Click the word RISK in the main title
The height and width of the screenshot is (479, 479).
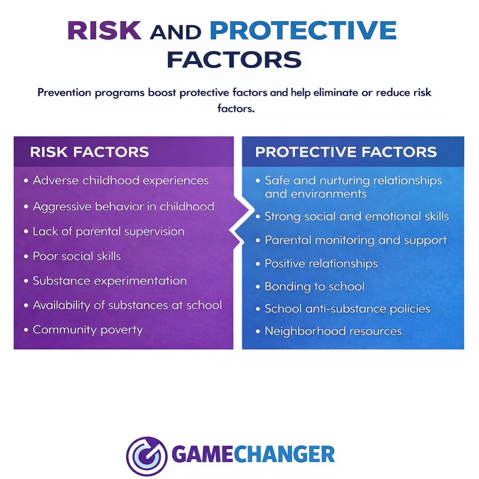[x=104, y=31]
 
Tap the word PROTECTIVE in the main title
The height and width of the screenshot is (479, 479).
[x=303, y=31]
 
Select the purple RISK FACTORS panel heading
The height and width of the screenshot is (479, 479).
[x=89, y=152]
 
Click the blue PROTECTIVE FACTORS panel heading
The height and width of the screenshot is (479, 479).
[x=346, y=152]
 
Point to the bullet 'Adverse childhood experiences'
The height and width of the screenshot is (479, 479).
[x=121, y=180]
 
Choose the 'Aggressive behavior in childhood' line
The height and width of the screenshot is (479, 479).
[x=123, y=206]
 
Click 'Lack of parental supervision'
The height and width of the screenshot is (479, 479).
[x=108, y=231]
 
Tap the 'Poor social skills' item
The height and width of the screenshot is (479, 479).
[x=77, y=256]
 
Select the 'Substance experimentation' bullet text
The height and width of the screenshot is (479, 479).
[x=110, y=281]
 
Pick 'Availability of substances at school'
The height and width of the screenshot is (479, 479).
[x=127, y=305]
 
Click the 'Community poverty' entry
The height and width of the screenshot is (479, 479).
[x=88, y=329]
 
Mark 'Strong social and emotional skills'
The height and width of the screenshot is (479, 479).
[x=357, y=216]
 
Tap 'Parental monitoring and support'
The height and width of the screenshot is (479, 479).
[x=356, y=240]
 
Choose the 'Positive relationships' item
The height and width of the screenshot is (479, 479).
[x=321, y=263]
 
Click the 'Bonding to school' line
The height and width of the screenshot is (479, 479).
[x=314, y=286]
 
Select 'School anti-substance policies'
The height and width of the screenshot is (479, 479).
[x=347, y=309]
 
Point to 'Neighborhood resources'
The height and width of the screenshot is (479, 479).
[x=333, y=331]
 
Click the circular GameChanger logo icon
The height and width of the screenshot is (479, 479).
[x=146, y=456]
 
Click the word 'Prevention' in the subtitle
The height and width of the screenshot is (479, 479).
[x=64, y=92]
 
